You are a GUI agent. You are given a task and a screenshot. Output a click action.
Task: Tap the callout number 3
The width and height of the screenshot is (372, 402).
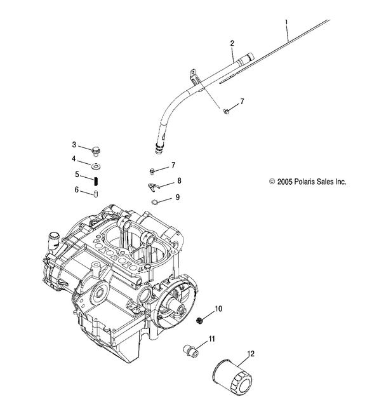[74, 145]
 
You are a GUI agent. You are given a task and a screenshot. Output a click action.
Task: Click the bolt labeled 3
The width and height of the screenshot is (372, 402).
[96, 151]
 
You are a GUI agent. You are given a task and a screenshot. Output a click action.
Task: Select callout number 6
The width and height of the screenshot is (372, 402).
[76, 189]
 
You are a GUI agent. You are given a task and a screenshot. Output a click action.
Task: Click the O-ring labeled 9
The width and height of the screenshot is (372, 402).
[154, 203]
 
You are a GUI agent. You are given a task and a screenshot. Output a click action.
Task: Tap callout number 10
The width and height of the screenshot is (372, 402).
[218, 309]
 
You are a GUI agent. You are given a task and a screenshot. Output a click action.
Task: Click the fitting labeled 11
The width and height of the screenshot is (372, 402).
[189, 347]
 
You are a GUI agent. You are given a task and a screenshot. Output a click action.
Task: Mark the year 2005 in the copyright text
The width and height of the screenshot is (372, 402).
[283, 181]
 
